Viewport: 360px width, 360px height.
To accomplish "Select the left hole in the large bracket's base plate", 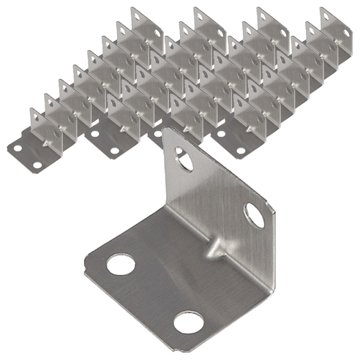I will pyautogui.click(x=121, y=263).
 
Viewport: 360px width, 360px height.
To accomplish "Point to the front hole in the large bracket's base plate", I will pyautogui.click(x=188, y=320).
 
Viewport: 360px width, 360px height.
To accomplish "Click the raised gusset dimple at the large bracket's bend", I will pyautogui.click(x=214, y=247).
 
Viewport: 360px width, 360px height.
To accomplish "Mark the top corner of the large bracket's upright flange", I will pyautogui.click(x=165, y=130).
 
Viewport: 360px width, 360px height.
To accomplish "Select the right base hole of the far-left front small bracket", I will pyautogui.click(x=37, y=165).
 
